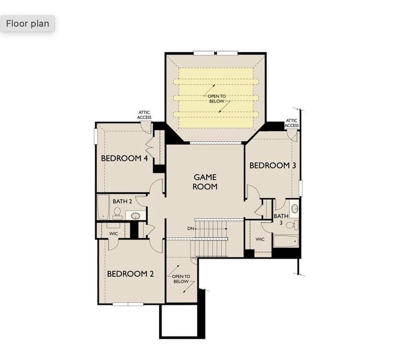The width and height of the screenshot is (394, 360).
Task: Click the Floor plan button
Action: pyautogui.click(x=28, y=24)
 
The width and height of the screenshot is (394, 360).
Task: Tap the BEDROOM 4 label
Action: pyautogui.click(x=124, y=158)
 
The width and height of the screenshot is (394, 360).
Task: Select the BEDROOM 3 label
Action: pyautogui.click(x=273, y=166)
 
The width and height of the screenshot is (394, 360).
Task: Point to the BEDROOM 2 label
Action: pyautogui.click(x=130, y=274)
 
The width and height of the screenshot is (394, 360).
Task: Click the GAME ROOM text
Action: pyautogui.click(x=205, y=182)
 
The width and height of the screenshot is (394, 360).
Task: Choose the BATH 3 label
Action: pyautogui.click(x=280, y=219)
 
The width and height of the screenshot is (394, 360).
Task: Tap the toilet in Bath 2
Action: pyautogui.click(x=117, y=213)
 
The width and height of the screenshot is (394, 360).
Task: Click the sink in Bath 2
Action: pyautogui.click(x=136, y=215)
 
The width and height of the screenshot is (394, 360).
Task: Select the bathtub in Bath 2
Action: pyautogui.click(x=103, y=207)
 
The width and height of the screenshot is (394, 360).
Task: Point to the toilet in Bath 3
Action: pyautogui.click(x=291, y=226)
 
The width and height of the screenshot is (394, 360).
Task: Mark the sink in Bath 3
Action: pyautogui.click(x=294, y=209)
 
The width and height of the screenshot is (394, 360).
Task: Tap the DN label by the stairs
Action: pyautogui.click(x=190, y=229)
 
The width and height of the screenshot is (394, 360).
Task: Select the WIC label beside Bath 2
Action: pyautogui.click(x=114, y=233)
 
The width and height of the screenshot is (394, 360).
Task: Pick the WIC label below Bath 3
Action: pyautogui.click(x=259, y=239)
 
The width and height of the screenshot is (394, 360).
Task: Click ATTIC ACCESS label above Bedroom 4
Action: pyautogui.click(x=144, y=115)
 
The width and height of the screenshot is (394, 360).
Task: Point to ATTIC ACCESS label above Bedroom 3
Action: pyautogui.click(x=292, y=123)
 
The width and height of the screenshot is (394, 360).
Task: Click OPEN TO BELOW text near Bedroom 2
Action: pyautogui.click(x=181, y=279)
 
